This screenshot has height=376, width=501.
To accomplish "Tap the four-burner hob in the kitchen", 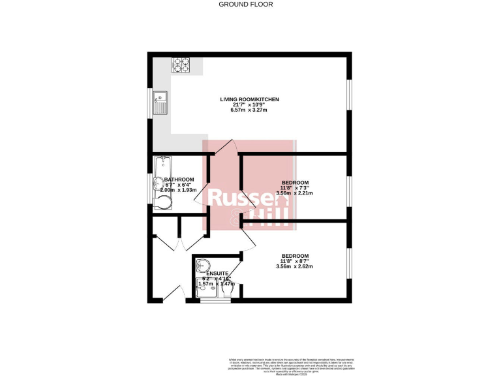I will [x=181, y=65].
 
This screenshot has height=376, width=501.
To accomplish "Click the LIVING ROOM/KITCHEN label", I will [x=249, y=99].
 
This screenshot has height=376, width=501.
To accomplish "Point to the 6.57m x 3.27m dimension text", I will [x=249, y=110].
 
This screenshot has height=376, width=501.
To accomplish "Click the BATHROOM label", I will [x=179, y=180].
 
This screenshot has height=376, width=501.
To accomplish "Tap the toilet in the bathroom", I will [x=162, y=203].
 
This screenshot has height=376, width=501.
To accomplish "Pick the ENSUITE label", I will [x=217, y=273].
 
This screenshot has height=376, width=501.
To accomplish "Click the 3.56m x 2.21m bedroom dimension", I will [x=295, y=193].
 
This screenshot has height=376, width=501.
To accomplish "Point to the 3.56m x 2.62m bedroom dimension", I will [x=295, y=266].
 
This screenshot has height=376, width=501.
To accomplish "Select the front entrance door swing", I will [x=172, y=290].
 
